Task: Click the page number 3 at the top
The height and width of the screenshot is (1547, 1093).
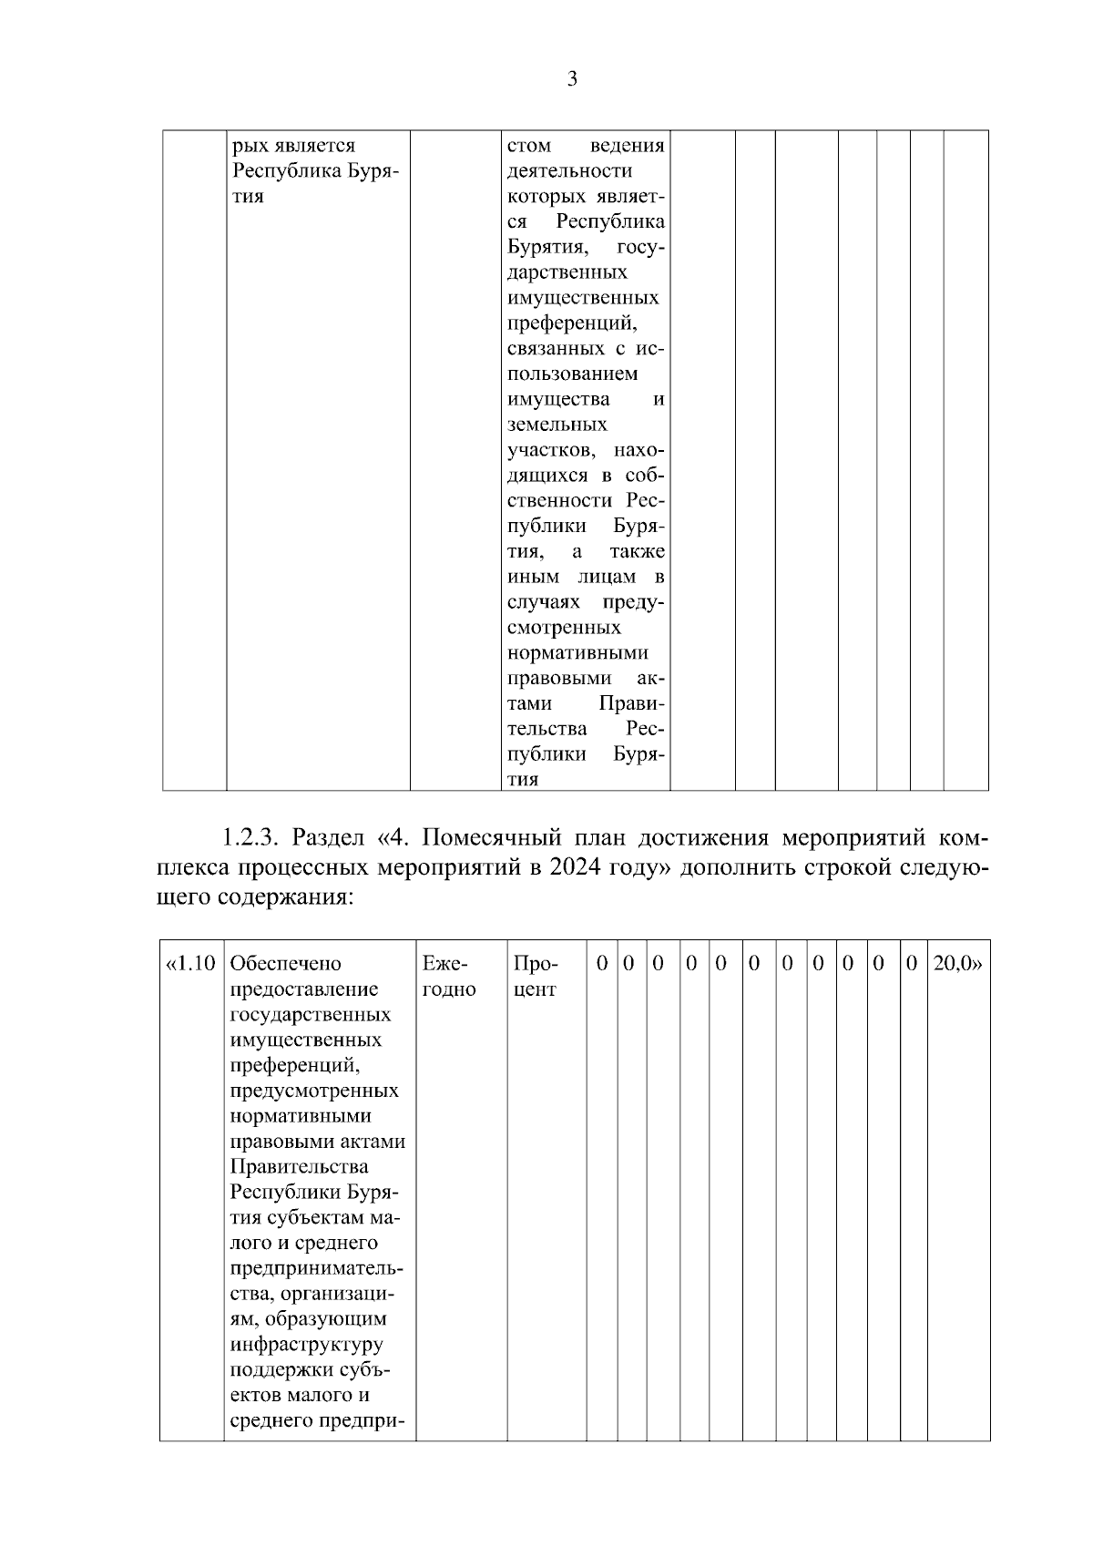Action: click(571, 79)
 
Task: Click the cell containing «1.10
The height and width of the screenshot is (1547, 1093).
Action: click(190, 963)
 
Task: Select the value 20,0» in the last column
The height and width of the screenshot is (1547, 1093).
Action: click(958, 963)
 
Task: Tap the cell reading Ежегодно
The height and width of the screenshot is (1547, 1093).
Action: click(449, 976)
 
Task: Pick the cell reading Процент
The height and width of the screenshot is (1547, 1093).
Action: click(536, 976)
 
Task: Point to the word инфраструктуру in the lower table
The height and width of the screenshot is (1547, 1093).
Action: click(307, 1345)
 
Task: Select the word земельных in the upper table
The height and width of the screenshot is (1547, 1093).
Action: click(557, 425)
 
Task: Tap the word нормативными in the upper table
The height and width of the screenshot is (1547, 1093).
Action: click(577, 653)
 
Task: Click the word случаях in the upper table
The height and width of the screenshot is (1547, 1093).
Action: click(544, 602)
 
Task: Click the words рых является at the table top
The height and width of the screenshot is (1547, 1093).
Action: click(293, 146)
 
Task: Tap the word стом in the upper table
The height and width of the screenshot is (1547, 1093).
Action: click(529, 146)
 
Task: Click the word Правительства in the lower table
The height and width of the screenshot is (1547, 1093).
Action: click(300, 1167)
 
